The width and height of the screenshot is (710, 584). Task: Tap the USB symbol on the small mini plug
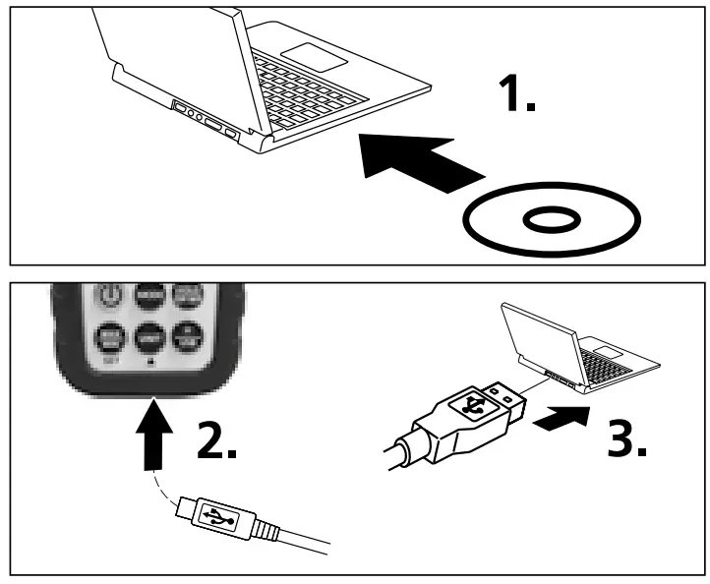tap(216, 514)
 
